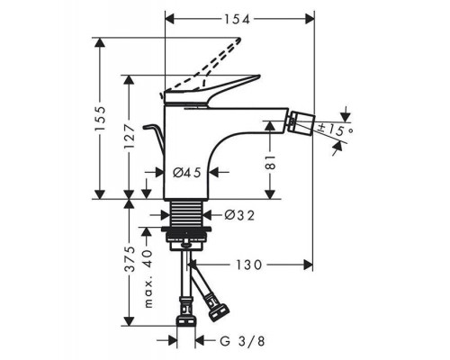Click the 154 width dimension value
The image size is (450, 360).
(237, 20)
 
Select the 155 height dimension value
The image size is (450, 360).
(100, 118)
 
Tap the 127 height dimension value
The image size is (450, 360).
(130, 138)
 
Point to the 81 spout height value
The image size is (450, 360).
(270, 162)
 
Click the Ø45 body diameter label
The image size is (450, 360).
(186, 173)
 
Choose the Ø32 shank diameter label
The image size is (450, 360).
(239, 215)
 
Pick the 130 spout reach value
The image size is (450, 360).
(248, 265)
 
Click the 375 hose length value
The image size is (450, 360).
(130, 259)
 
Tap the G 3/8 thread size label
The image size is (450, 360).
(242, 341)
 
